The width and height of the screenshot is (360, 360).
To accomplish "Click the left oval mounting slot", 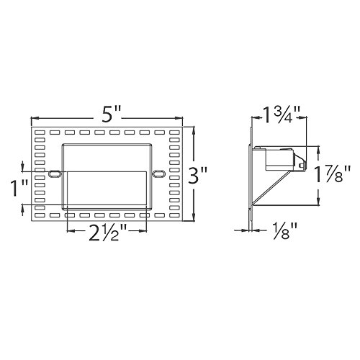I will coord(54,173).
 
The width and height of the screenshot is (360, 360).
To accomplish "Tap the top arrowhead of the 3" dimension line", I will coord(193,130).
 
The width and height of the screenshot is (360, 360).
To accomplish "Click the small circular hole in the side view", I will coord(300,165).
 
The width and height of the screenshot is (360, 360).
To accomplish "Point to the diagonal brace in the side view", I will coord(269,189).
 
